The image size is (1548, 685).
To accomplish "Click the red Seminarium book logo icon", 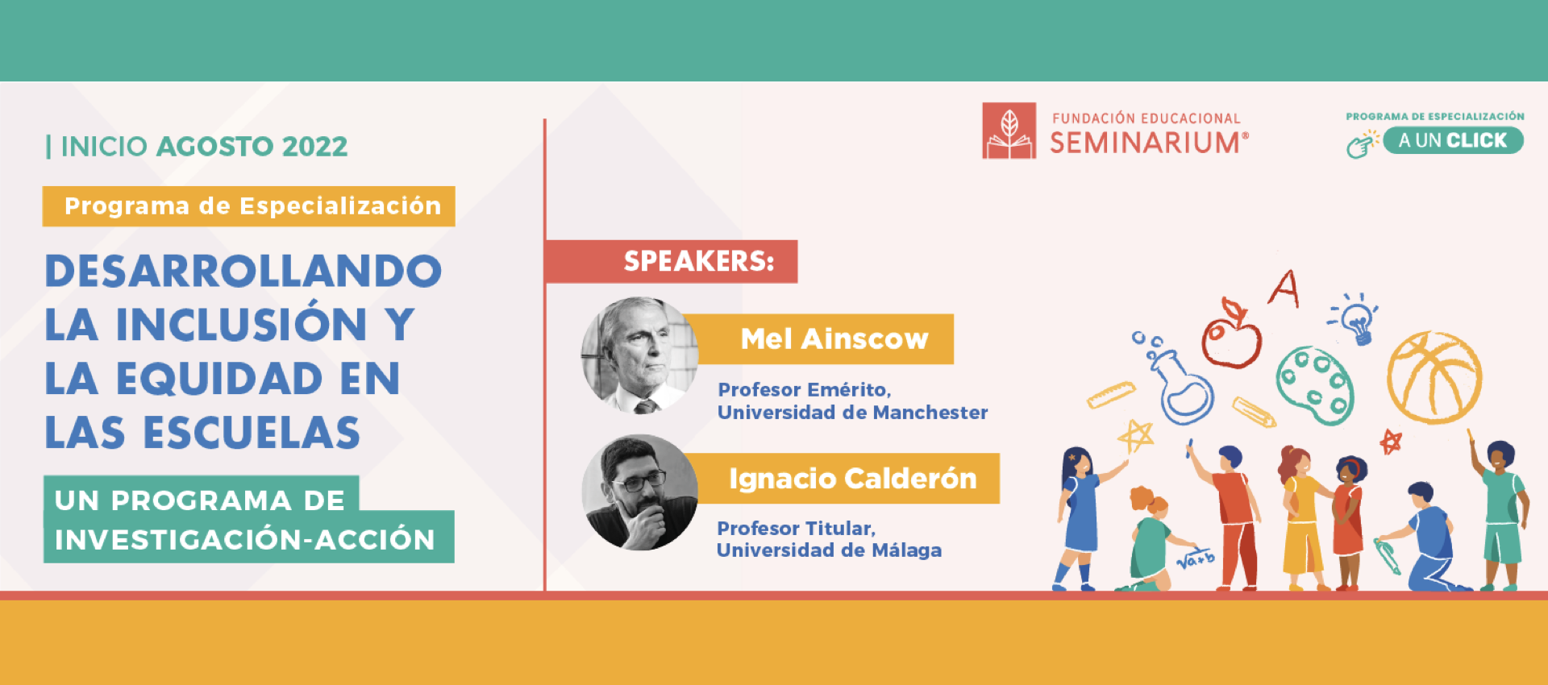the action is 1009,131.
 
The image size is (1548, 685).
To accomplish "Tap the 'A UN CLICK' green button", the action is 1453,140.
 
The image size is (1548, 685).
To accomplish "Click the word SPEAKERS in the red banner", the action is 698,261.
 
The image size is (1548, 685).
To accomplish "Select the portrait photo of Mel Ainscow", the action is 640,355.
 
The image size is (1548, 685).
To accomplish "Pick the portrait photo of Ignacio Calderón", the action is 640,492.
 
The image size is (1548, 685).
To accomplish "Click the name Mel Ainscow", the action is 834,338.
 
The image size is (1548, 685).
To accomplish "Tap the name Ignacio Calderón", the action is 853,478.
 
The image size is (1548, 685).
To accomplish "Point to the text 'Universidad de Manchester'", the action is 852,413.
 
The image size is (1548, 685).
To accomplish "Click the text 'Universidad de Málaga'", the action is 829,550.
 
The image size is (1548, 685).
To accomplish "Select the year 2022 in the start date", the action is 314,147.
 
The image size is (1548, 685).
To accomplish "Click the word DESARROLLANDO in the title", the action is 243,271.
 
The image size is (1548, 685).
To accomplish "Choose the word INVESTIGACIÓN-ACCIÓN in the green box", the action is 245,539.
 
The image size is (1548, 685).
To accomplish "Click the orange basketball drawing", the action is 1434,377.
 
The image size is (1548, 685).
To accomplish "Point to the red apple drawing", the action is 1231,335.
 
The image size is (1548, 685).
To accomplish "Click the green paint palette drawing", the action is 1314,385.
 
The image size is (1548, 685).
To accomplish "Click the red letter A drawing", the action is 1284,289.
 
